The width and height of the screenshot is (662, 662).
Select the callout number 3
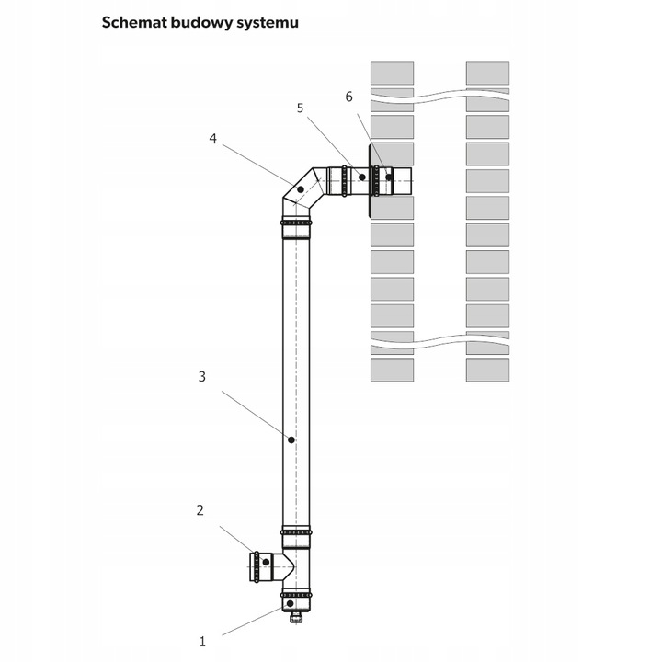[x=201, y=376]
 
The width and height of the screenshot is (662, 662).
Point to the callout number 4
[x=212, y=139]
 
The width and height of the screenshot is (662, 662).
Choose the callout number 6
[x=348, y=96]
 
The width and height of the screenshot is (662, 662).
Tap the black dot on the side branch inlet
[x=267, y=561]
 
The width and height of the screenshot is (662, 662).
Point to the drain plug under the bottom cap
[x=295, y=618]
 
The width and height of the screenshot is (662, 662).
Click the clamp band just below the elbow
[x=296, y=223]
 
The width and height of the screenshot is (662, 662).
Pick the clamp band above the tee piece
[x=296, y=531]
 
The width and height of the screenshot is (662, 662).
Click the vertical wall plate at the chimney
[x=370, y=180]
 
